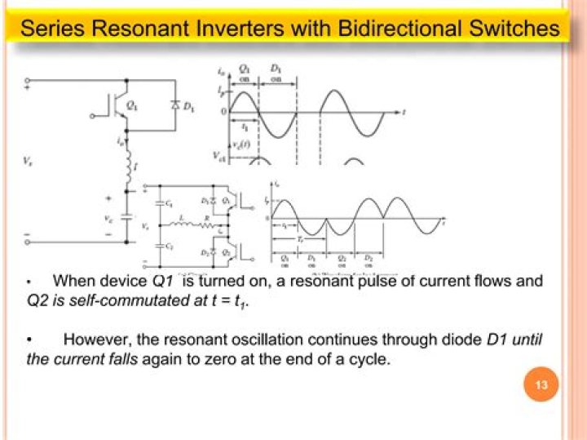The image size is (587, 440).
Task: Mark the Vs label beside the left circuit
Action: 29,162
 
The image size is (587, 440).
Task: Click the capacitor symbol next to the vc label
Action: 126,216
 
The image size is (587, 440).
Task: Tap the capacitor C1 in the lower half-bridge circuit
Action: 149,203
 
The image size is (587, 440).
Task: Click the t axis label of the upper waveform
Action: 405,110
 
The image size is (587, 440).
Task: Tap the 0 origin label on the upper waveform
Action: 223,111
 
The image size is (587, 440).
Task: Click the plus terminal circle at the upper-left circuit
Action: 29,80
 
